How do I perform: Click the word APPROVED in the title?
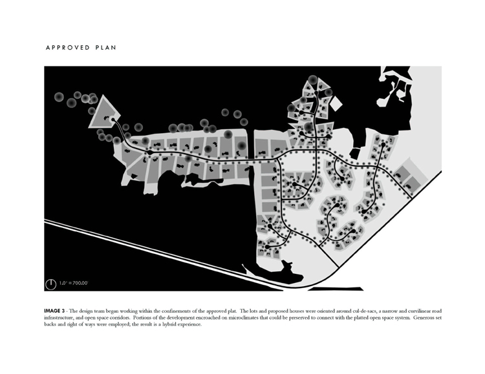click(x=68, y=48)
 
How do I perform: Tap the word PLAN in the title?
click(x=106, y=48)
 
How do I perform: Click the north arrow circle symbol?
click(x=50, y=284)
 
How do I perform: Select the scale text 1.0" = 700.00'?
click(x=74, y=283)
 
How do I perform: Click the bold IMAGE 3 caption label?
click(x=54, y=311)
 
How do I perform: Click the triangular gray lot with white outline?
click(x=103, y=115)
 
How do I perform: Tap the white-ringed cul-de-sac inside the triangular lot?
click(x=113, y=119)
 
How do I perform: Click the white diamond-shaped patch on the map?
click(x=336, y=103)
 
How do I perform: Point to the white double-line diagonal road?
click(x=164, y=255)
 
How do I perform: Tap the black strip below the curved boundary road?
click(x=336, y=289)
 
